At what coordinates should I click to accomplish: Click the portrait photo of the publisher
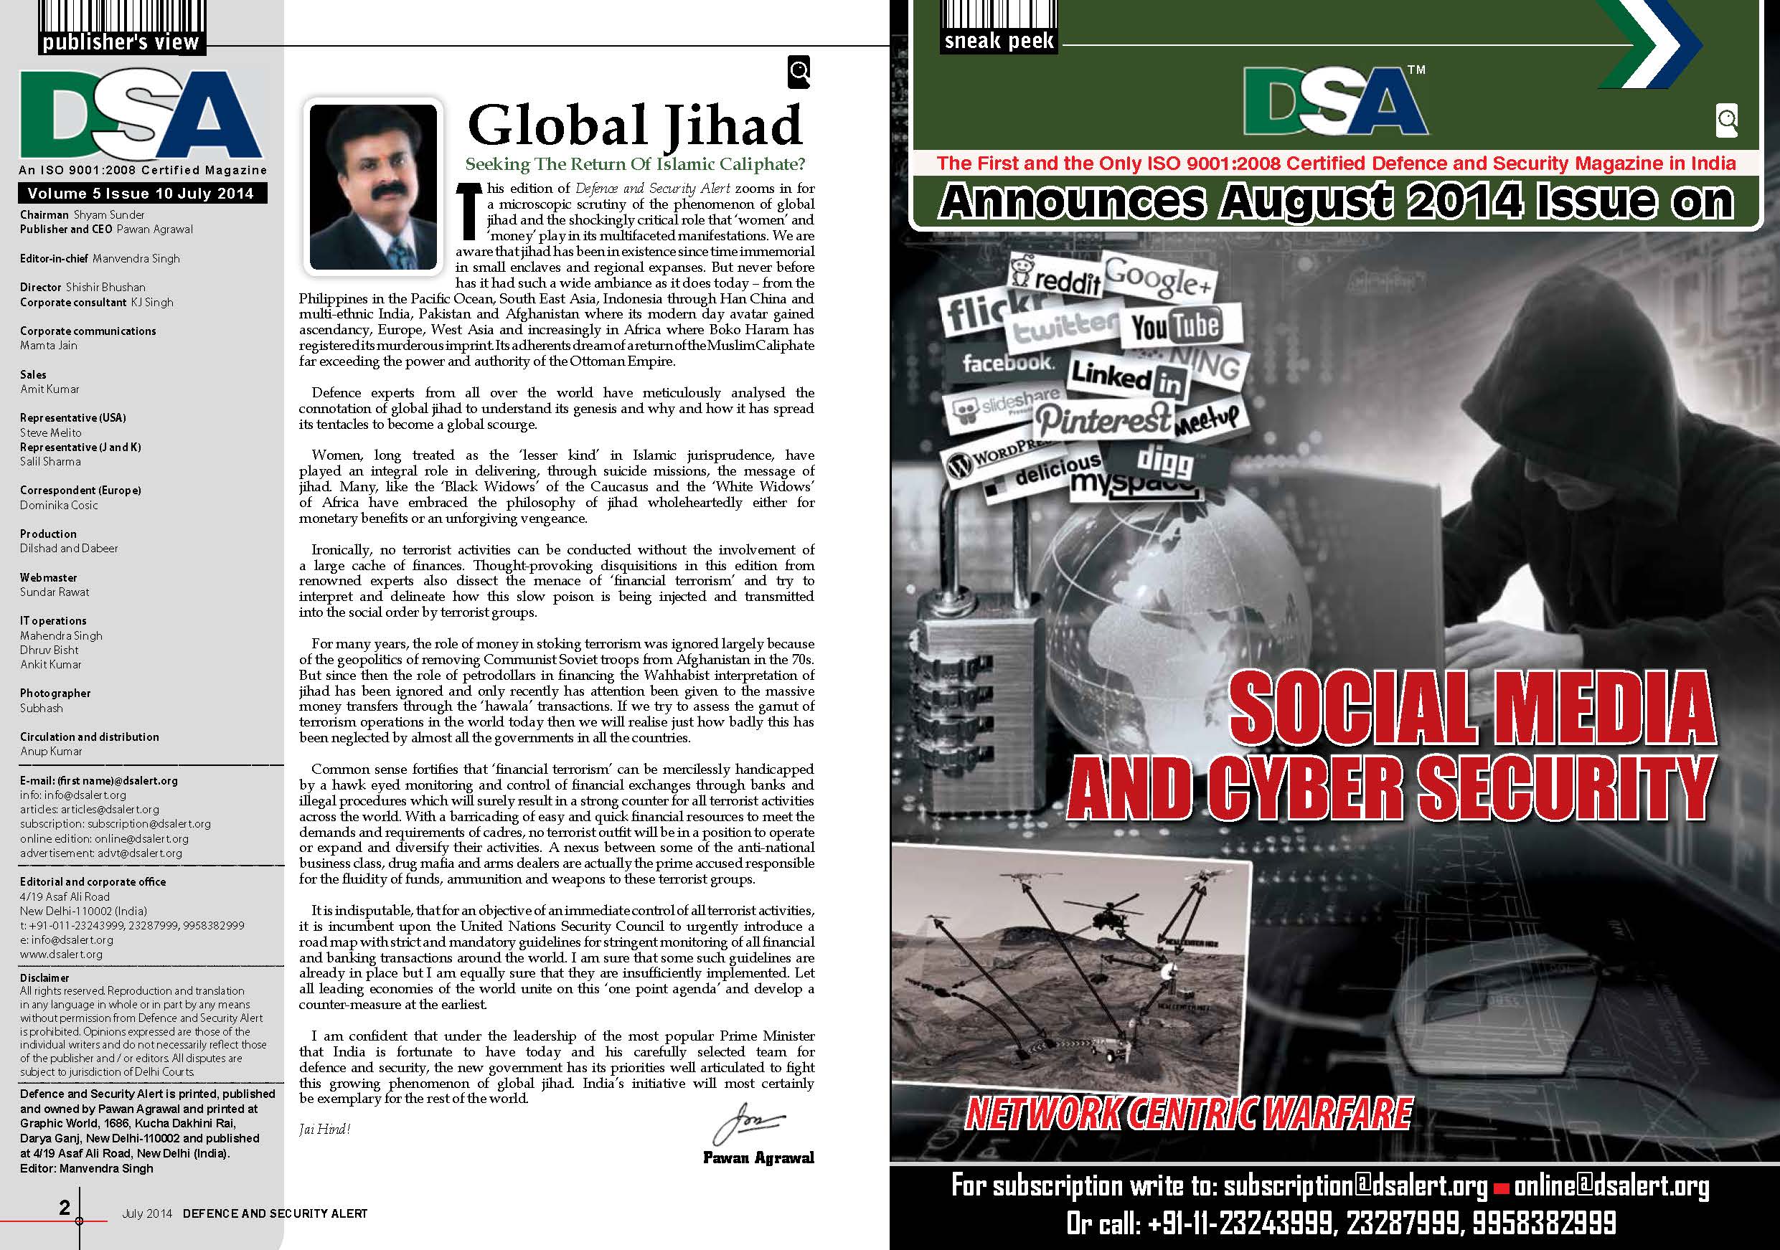[x=373, y=186]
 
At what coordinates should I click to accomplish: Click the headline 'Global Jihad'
[x=634, y=126]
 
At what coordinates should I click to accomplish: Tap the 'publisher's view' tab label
[x=121, y=42]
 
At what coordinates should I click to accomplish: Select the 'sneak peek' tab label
[x=999, y=40]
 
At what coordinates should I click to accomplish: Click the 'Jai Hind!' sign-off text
[x=325, y=1129]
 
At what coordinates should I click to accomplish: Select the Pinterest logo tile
[x=1103, y=420]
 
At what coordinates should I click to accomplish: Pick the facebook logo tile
[x=1007, y=362]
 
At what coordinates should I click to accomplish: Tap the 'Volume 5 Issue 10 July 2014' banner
[x=141, y=193]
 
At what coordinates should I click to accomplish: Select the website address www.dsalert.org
[x=60, y=954]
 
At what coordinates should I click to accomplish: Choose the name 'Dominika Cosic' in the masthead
[x=59, y=504]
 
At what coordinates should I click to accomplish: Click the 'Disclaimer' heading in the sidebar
[x=44, y=977]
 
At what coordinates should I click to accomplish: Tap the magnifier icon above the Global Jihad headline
[x=799, y=72]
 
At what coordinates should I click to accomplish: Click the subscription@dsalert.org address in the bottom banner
[x=1355, y=1185]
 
